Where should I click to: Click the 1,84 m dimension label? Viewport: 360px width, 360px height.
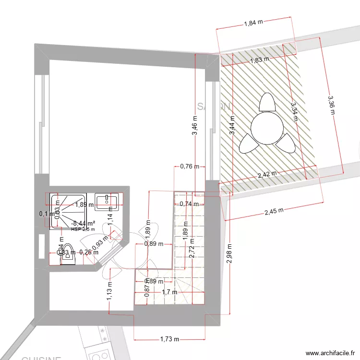coord(253,23)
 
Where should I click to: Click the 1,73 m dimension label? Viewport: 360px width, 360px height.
coord(169,339)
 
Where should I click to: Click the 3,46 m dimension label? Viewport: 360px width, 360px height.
coord(195,127)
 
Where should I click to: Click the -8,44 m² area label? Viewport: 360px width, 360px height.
coord(83,224)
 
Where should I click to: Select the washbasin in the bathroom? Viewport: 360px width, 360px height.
coord(107,202)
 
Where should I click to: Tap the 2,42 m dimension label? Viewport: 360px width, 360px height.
coord(267,174)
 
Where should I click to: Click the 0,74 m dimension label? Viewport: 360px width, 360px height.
coord(189,204)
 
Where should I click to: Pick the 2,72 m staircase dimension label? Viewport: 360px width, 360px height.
coord(192,248)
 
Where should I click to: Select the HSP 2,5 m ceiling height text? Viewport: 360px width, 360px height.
coord(83,229)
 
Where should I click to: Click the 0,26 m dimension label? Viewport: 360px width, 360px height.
coord(89,252)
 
